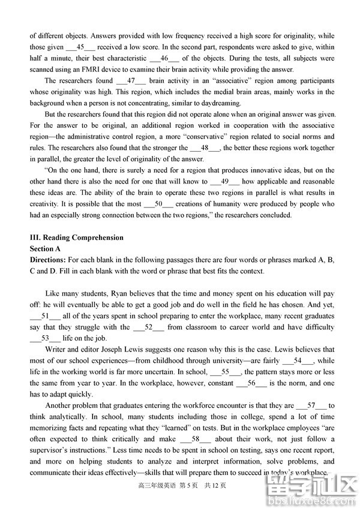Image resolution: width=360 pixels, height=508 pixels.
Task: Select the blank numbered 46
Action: pos(164,58)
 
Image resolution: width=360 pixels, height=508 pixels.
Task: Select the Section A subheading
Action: pos(46,248)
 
